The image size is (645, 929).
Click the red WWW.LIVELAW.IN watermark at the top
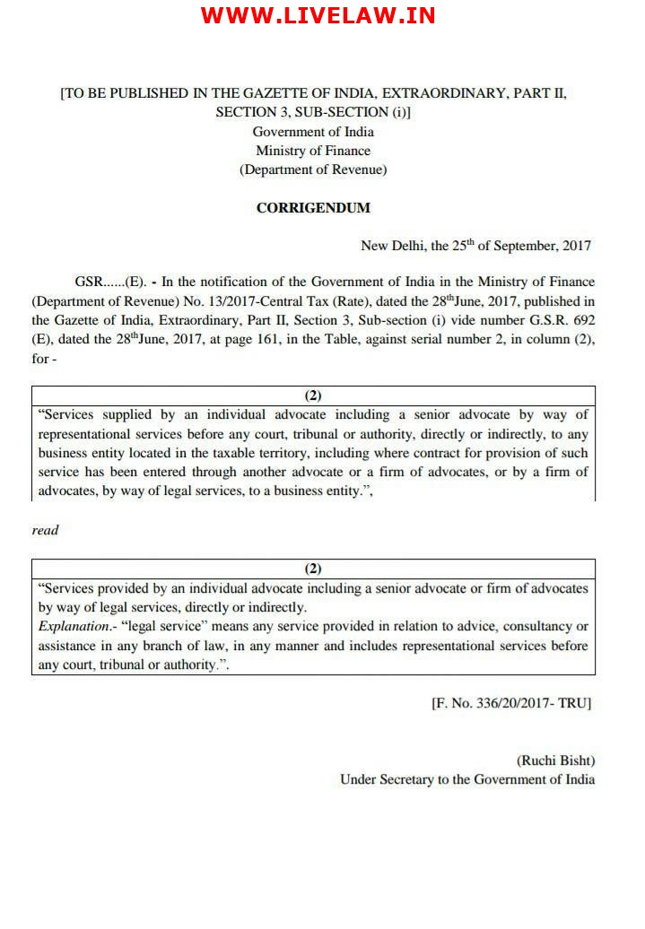318,16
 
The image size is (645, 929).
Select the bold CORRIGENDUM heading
313,208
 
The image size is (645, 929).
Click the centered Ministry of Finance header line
313,151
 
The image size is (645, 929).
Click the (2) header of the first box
313,395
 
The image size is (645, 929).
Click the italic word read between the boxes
45,530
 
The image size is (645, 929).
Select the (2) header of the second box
313,569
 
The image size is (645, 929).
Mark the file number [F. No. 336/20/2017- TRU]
511,704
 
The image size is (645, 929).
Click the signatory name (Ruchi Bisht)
555,760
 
